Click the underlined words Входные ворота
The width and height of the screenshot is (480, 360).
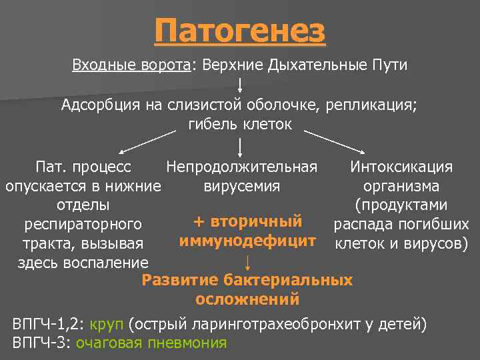(x=131, y=66)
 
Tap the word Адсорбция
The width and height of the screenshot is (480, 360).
(x=99, y=105)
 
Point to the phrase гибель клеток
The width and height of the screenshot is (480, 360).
(x=239, y=125)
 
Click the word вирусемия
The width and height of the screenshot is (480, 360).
(x=241, y=186)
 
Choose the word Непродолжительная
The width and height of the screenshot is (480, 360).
(x=241, y=167)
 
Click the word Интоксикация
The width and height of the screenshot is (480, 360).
(x=401, y=167)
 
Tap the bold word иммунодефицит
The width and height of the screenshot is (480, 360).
(x=247, y=241)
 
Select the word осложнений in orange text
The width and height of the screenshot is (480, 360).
(x=247, y=299)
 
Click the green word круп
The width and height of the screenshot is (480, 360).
(x=108, y=325)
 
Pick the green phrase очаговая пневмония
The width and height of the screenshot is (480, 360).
(x=151, y=343)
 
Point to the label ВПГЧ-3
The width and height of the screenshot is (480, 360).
(x=40, y=343)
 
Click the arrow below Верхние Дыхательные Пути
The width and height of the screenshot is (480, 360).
(x=239, y=85)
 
